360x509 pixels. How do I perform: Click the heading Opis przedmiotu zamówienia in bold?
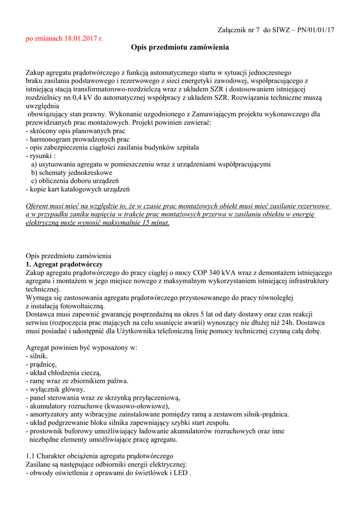(180, 48)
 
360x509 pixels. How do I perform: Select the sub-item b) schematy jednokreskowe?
(72, 172)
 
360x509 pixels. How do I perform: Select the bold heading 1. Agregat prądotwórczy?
(64, 264)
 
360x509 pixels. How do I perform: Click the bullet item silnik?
(38, 356)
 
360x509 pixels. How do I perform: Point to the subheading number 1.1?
(30, 456)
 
